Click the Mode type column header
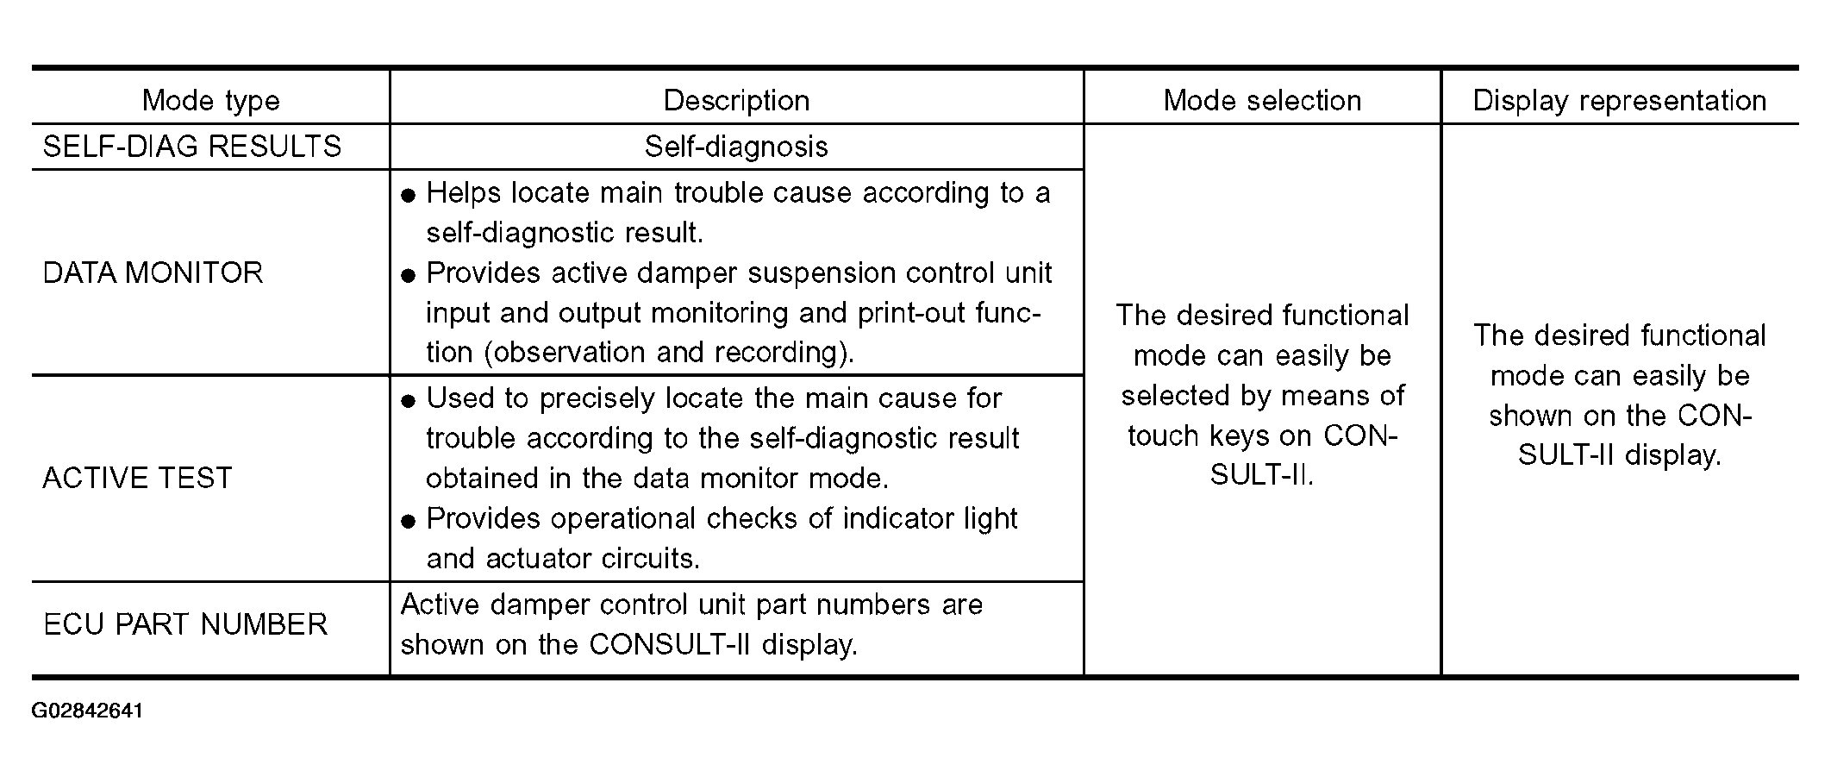(211, 101)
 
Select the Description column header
(736, 101)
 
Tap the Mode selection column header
(1262, 101)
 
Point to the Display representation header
(1620, 101)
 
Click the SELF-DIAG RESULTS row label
(192, 147)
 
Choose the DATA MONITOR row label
(153, 273)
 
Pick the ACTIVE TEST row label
(138, 479)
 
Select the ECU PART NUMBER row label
(185, 624)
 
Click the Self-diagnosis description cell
(736, 147)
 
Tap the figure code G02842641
(88, 711)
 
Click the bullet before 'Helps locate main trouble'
(409, 196)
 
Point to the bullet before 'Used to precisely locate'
(409, 401)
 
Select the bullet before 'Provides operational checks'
(409, 522)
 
